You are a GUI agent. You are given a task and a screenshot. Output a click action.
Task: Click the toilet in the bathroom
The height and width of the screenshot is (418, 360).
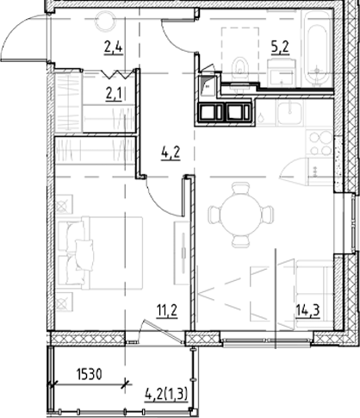pyautogui.click(x=240, y=65)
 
